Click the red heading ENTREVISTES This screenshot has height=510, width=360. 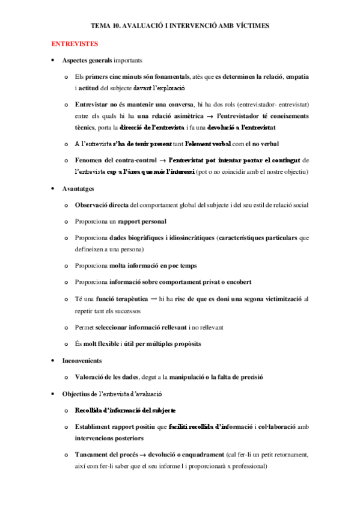pos(75,45)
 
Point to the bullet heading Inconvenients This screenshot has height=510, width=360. pos(82,361)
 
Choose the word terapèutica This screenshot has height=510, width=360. pos(132,298)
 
